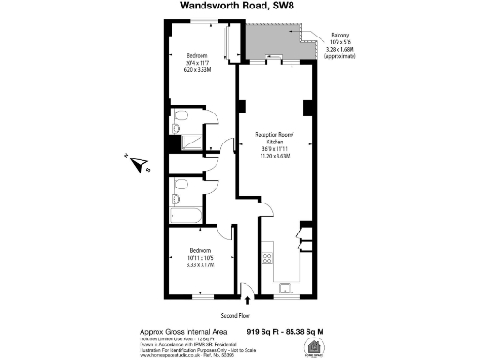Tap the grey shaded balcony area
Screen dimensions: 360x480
(277, 41)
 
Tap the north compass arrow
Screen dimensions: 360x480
(140, 164)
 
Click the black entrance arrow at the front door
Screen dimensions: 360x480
(247, 301)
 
